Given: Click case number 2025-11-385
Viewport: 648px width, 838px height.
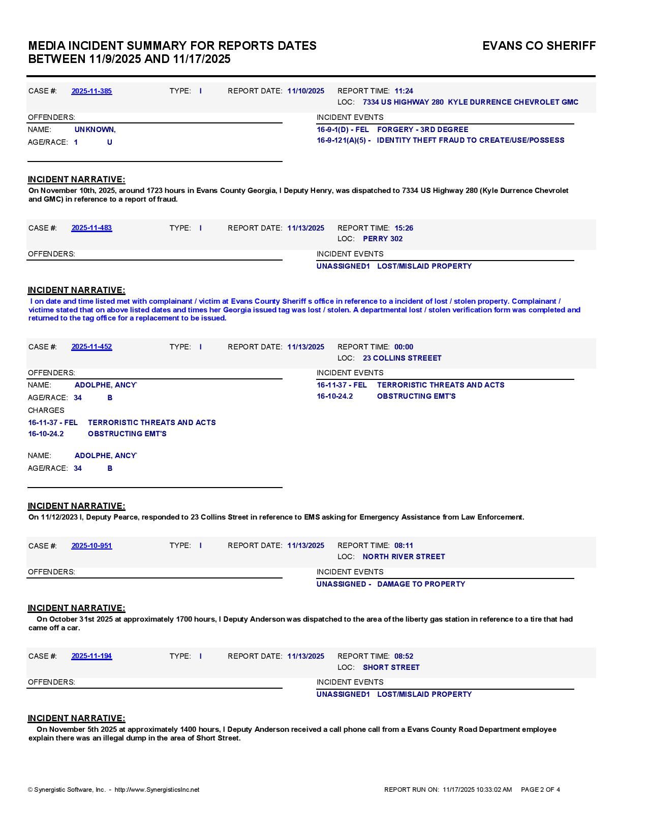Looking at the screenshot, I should (x=91, y=91).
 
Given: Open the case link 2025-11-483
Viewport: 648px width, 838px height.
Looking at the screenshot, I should (x=91, y=228).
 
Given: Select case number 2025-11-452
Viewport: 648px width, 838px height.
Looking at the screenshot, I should (x=91, y=347).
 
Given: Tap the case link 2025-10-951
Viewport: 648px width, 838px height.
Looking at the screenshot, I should (x=91, y=545).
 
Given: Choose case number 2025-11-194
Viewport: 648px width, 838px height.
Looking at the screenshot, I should (x=91, y=656).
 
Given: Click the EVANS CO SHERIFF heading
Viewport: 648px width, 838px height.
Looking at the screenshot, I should (x=539, y=46).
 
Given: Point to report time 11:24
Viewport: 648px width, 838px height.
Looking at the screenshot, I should (x=404, y=91).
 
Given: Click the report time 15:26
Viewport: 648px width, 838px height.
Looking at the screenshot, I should (x=404, y=228).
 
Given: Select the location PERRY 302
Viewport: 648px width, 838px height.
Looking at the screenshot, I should (x=382, y=239).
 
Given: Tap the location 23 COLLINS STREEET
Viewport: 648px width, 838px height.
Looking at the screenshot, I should (x=402, y=358).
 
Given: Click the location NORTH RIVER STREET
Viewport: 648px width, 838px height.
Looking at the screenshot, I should (x=404, y=557).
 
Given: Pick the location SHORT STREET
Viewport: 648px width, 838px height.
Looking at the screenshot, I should (x=391, y=667).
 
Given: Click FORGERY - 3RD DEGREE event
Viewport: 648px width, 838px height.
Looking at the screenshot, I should (x=422, y=130).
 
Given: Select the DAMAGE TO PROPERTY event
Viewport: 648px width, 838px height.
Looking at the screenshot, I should (x=421, y=584).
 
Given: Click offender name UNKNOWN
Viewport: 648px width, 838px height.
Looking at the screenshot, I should (x=95, y=130).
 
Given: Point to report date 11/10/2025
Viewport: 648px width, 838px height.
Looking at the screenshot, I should (x=305, y=91).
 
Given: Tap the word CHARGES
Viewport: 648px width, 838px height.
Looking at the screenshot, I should (x=46, y=410).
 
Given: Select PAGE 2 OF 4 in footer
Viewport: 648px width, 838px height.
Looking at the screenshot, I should (x=540, y=790).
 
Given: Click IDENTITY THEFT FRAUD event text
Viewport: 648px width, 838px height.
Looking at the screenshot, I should (x=470, y=140).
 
